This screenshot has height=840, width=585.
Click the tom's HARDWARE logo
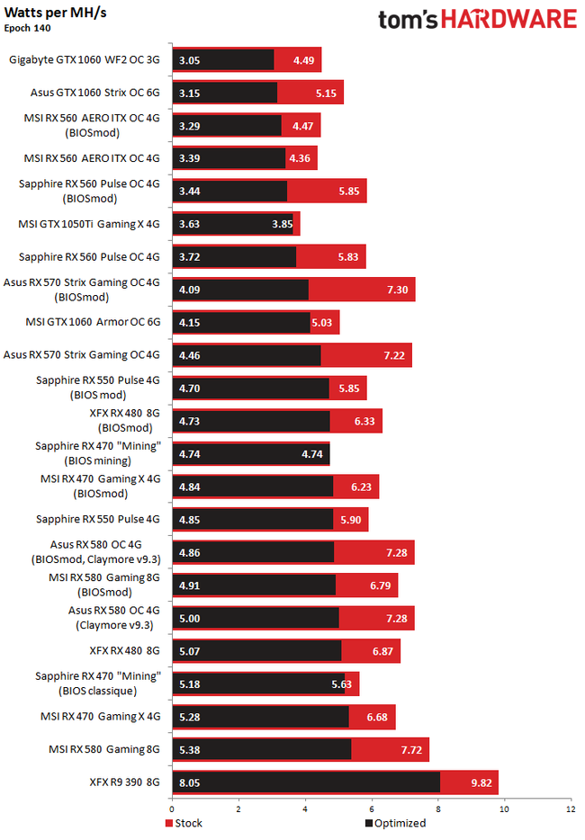tap(477, 20)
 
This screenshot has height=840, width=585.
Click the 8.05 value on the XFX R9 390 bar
tap(189, 782)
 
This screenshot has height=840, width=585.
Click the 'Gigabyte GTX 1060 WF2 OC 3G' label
tap(85, 60)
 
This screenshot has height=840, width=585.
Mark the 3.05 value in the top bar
tap(189, 60)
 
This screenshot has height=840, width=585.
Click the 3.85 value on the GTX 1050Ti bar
tap(283, 223)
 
